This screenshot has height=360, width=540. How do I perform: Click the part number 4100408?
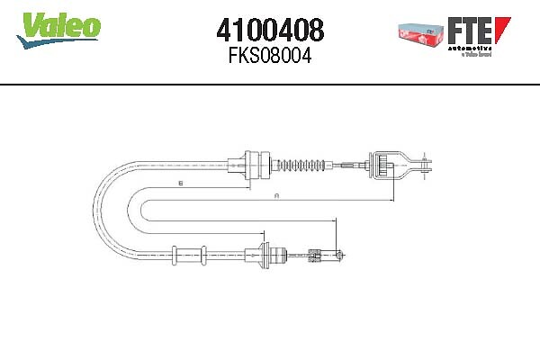point(270,31)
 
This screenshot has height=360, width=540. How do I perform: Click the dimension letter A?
point(276,195)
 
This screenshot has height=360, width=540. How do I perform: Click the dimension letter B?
point(180,184)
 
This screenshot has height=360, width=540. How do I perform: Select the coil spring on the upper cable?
point(302,165)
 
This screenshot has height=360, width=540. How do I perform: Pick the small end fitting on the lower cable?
point(319,255)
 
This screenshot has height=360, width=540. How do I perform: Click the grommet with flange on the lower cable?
point(266,255)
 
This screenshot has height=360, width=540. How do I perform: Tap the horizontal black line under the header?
point(270,84)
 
